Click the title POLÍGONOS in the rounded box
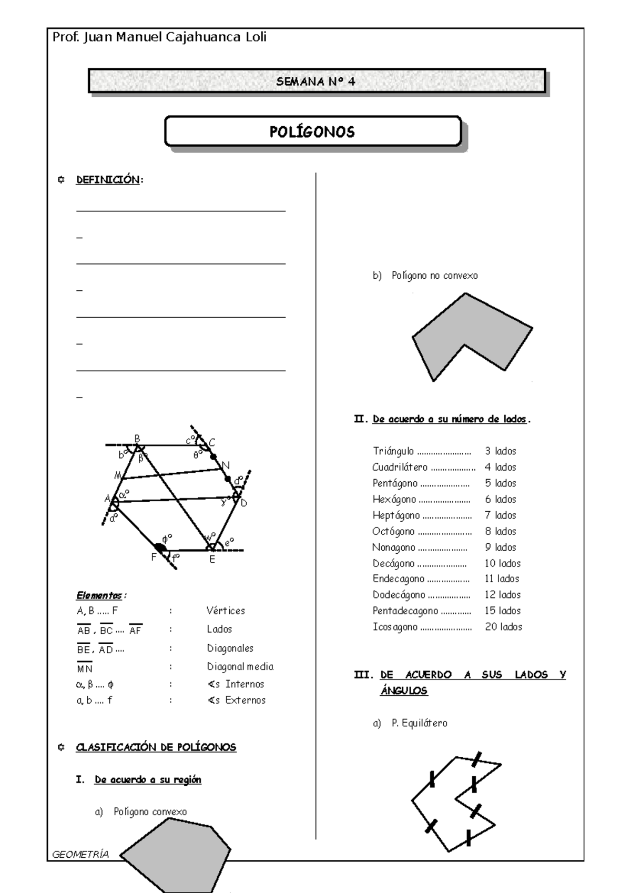[312, 131]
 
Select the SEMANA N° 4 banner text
[316, 82]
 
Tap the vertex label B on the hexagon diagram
[137, 438]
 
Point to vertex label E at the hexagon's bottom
[212, 560]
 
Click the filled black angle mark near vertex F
[160, 547]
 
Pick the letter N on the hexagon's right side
[226, 465]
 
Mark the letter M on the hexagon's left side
[118, 475]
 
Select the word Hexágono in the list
[394, 499]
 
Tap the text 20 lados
[503, 627]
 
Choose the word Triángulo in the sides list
[393, 451]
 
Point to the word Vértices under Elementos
[226, 611]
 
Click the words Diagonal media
[240, 666]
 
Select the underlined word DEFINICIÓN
[108, 180]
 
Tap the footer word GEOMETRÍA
[80, 855]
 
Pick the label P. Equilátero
[419, 723]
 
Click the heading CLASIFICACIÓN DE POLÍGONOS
[156, 747]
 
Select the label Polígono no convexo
[434, 276]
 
